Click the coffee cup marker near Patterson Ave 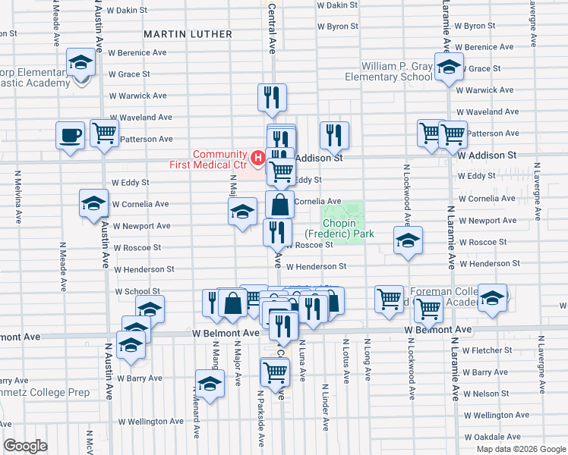(x=71, y=136)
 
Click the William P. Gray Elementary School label (x=387, y=71)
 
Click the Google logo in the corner (x=25, y=446)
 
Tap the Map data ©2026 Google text (x=520, y=449)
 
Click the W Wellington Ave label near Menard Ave (x=150, y=421)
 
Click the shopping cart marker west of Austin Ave (x=104, y=133)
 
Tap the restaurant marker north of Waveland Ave (x=271, y=96)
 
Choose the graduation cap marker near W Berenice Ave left (x=80, y=63)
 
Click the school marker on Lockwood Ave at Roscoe (x=408, y=240)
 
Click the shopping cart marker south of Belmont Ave (x=274, y=372)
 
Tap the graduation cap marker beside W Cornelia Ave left (x=93, y=203)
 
